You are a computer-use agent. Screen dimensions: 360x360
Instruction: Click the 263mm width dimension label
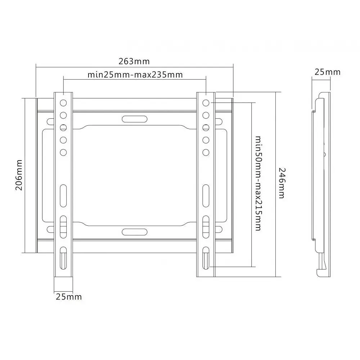(134, 61)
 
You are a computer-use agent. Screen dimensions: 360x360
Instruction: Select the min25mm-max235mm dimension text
(135, 75)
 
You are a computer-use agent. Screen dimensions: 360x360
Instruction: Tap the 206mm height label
(19, 175)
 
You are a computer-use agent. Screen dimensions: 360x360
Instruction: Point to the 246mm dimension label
(282, 183)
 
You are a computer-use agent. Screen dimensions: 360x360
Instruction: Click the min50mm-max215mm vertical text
(258, 183)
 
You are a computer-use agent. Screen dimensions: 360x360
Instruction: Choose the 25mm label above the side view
(327, 72)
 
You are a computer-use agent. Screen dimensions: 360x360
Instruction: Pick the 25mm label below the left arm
(69, 297)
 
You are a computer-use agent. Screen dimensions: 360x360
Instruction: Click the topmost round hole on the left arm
(63, 103)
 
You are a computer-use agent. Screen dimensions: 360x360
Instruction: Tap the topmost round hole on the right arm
(206, 103)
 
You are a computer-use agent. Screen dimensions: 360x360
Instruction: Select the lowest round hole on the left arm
(63, 152)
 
